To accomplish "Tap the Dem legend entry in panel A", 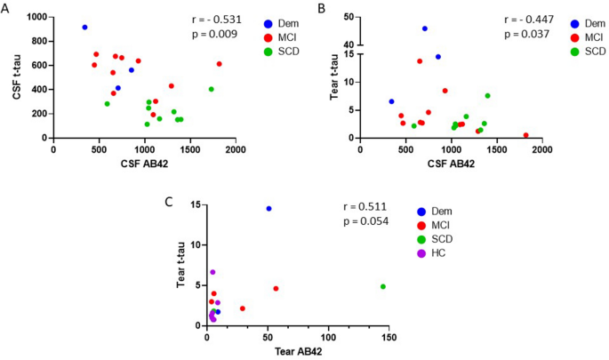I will (x=286, y=22).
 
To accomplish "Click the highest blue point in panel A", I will (x=84, y=28).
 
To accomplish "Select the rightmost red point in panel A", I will (x=219, y=64).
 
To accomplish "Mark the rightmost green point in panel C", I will (x=383, y=286).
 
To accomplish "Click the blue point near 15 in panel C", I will (x=268, y=209).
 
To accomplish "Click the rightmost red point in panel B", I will (x=525, y=135).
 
